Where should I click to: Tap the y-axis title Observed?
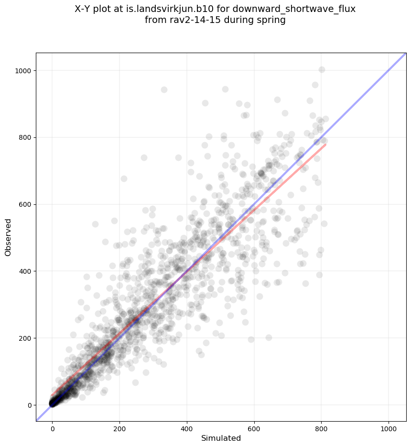[x=8, y=237]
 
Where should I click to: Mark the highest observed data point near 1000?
[x=322, y=70]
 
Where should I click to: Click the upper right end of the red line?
[x=325, y=144]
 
